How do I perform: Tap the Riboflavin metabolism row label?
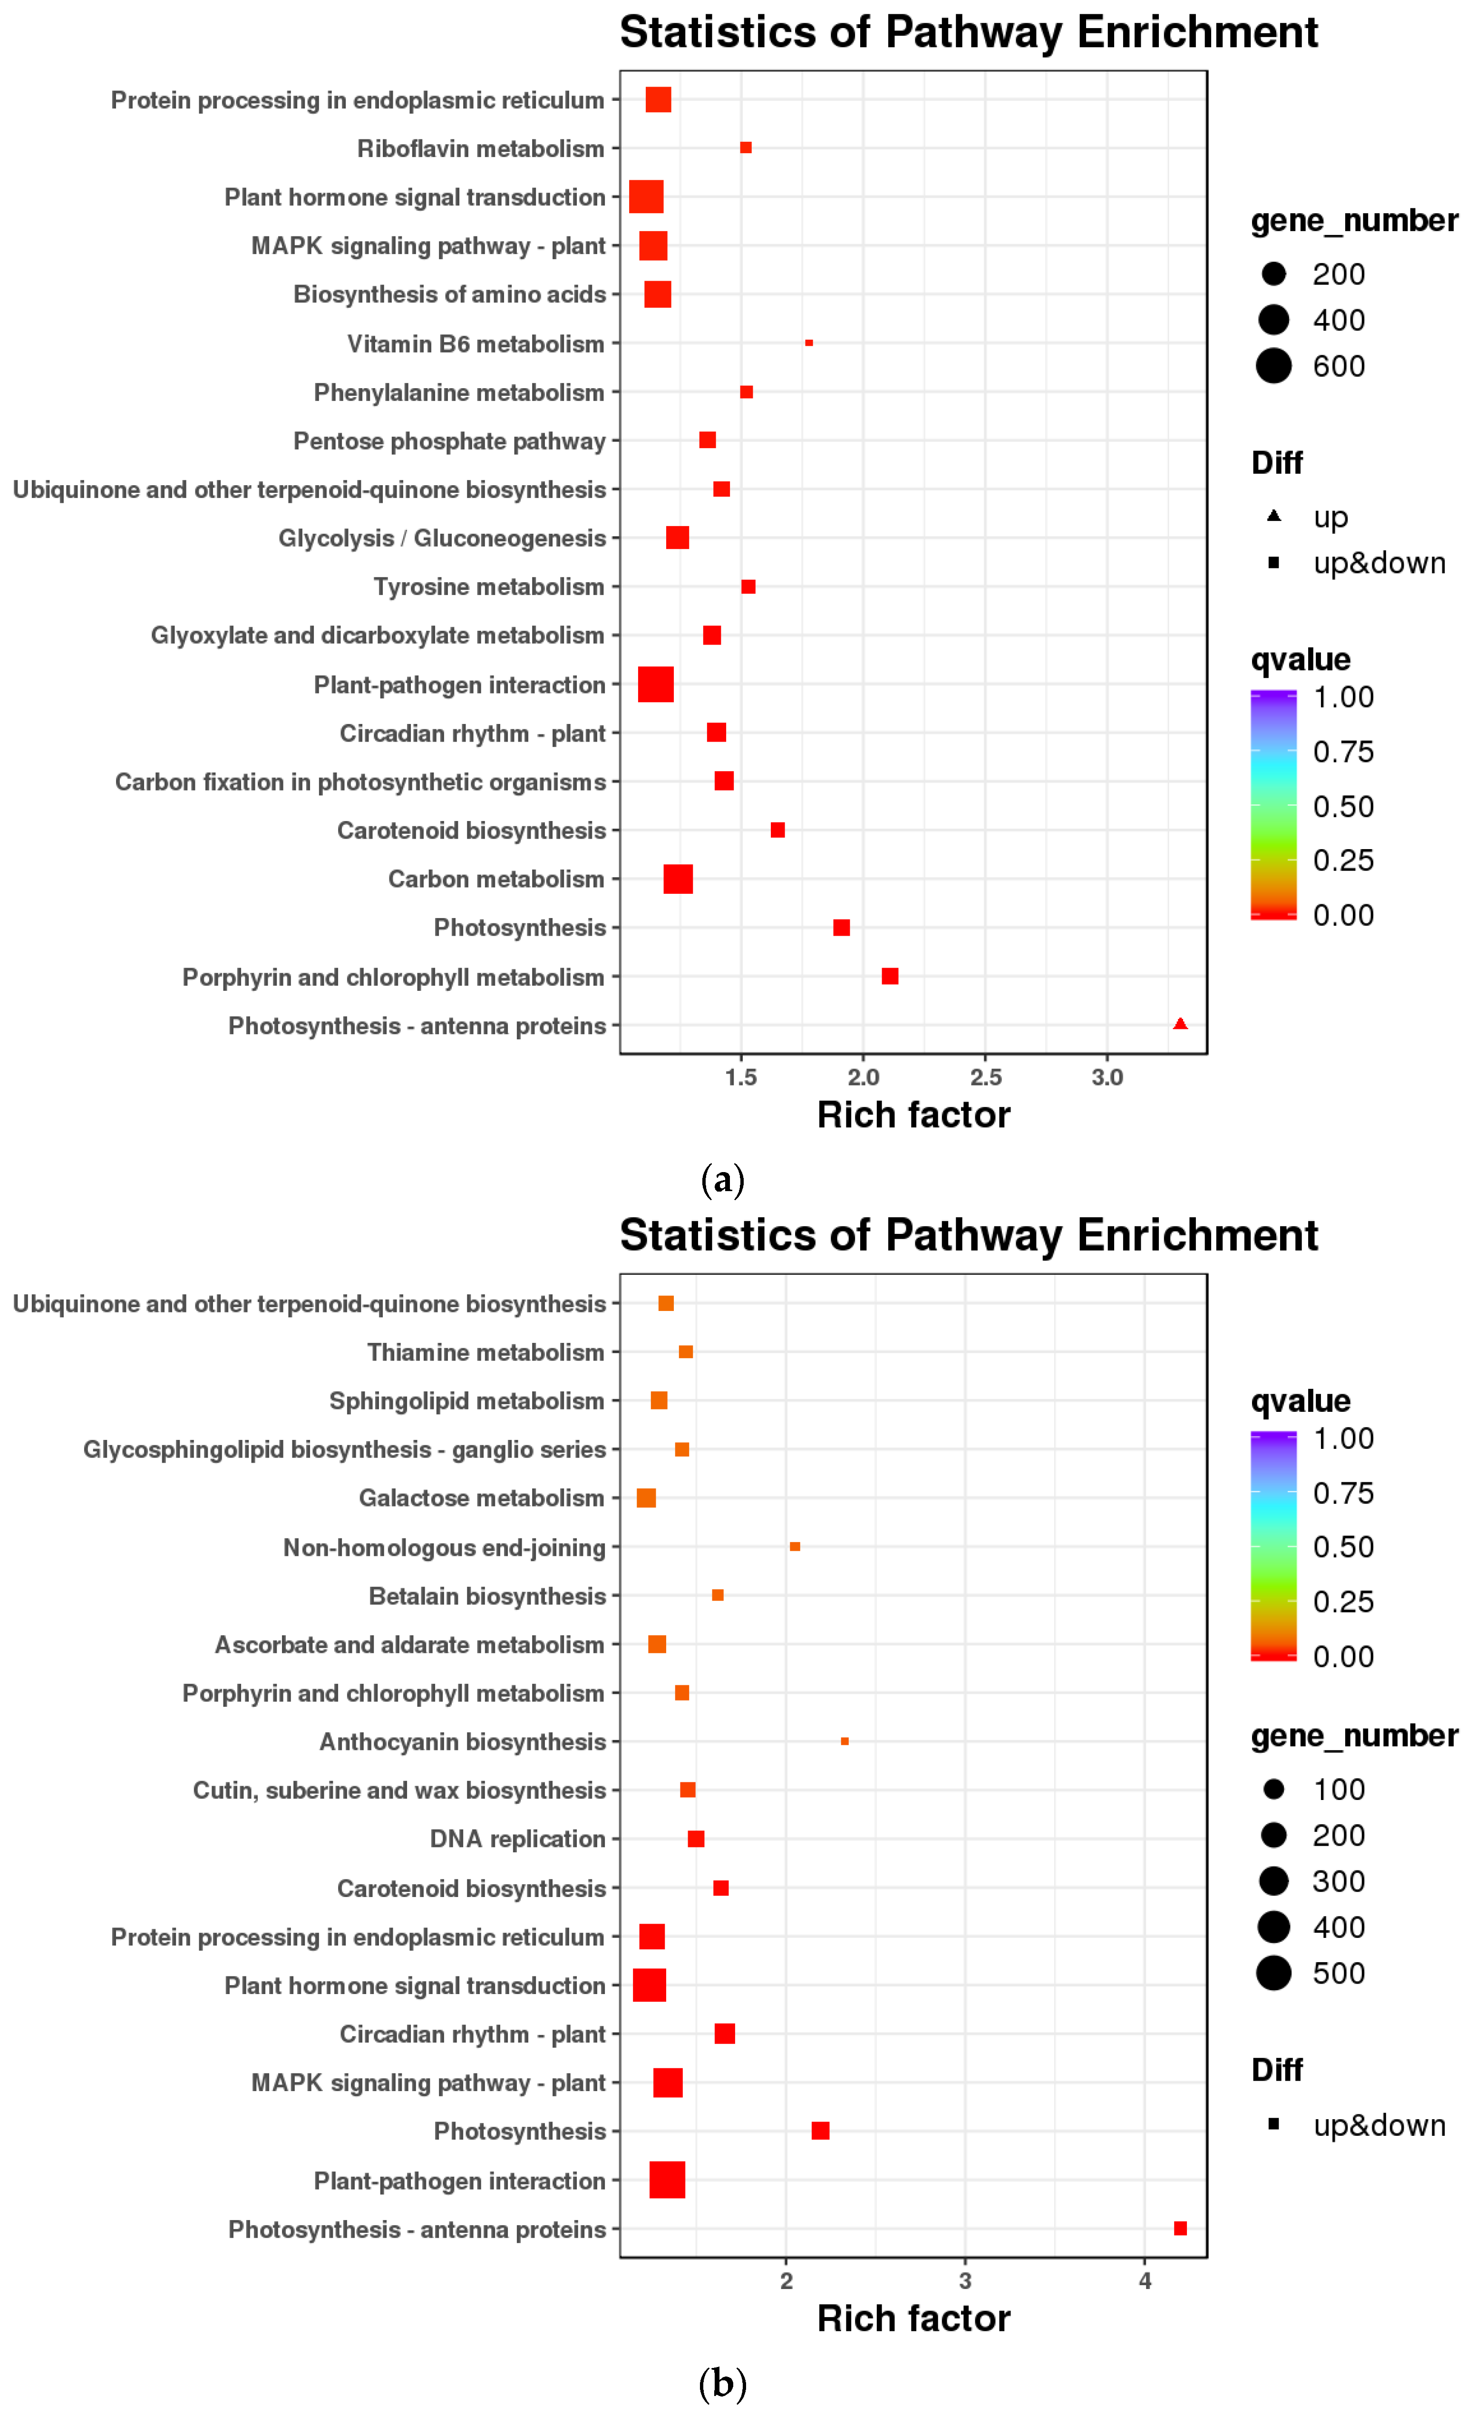pyautogui.click(x=480, y=149)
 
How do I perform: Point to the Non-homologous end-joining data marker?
pyautogui.click(x=795, y=1546)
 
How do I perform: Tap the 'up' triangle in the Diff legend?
pyautogui.click(x=1274, y=516)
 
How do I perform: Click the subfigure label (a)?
pyautogui.click(x=722, y=1179)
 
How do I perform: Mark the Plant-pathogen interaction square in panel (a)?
pyautogui.click(x=656, y=685)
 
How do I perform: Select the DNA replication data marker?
pyautogui.click(x=696, y=1839)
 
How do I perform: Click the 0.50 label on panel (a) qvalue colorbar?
pyautogui.click(x=1343, y=806)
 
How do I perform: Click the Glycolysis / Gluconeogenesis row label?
pyautogui.click(x=442, y=538)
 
